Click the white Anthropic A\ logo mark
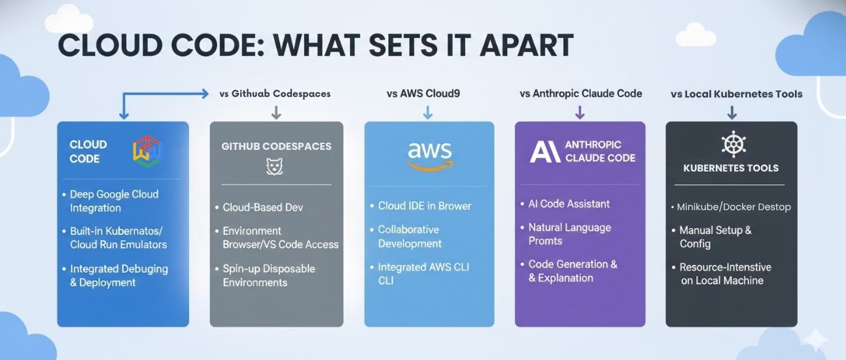[544, 152]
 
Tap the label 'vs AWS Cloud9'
[423, 94]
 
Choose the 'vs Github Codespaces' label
[275, 94]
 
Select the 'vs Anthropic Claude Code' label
[580, 94]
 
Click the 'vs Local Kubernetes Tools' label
[736, 94]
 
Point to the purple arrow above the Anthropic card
[579, 112]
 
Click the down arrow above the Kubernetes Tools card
[731, 112]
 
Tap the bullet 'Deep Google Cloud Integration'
[114, 201]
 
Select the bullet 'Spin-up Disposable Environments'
[268, 276]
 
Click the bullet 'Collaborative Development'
[410, 236]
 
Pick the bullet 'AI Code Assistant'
[569, 204]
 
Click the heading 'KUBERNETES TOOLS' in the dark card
[731, 168]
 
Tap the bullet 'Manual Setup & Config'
[714, 237]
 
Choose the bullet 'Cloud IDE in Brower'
[424, 206]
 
